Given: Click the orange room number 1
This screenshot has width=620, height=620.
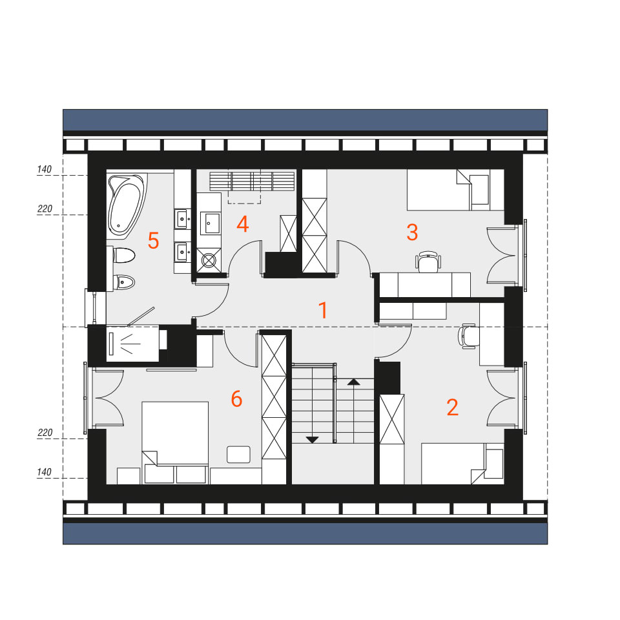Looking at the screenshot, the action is coord(323,310).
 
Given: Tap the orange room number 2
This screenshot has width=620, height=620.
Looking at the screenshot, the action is coord(452,408).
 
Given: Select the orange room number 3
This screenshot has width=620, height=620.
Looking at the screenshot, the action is coord(412,232).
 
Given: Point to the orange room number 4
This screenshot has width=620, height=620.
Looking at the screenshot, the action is coord(242,224).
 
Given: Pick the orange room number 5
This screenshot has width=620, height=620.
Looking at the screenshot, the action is coord(154,240).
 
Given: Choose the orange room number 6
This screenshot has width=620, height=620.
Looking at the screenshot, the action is coord(236,398).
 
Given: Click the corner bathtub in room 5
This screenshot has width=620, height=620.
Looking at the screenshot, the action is coord(126,205).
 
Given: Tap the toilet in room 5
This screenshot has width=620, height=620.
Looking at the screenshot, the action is coord(123,256).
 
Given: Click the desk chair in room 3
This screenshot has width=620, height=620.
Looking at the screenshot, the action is coord(428,262).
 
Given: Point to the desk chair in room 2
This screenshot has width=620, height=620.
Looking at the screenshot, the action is coord(468,336).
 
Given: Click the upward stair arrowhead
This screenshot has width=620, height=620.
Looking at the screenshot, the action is coord(353,382).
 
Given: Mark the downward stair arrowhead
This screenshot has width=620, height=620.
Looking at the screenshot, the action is coord(313,440).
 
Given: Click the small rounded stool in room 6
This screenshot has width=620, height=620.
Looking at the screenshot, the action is coord(238,454).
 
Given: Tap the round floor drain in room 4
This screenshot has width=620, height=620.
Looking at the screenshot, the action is coord(209,260).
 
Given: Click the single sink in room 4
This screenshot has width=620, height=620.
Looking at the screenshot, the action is coord(211,223).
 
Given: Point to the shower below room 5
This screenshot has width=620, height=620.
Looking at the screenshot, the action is coord(132,344).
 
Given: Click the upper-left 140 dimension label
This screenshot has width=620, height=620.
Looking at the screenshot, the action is coord(45,170).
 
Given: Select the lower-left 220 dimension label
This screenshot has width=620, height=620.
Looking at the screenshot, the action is coord(45,433).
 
